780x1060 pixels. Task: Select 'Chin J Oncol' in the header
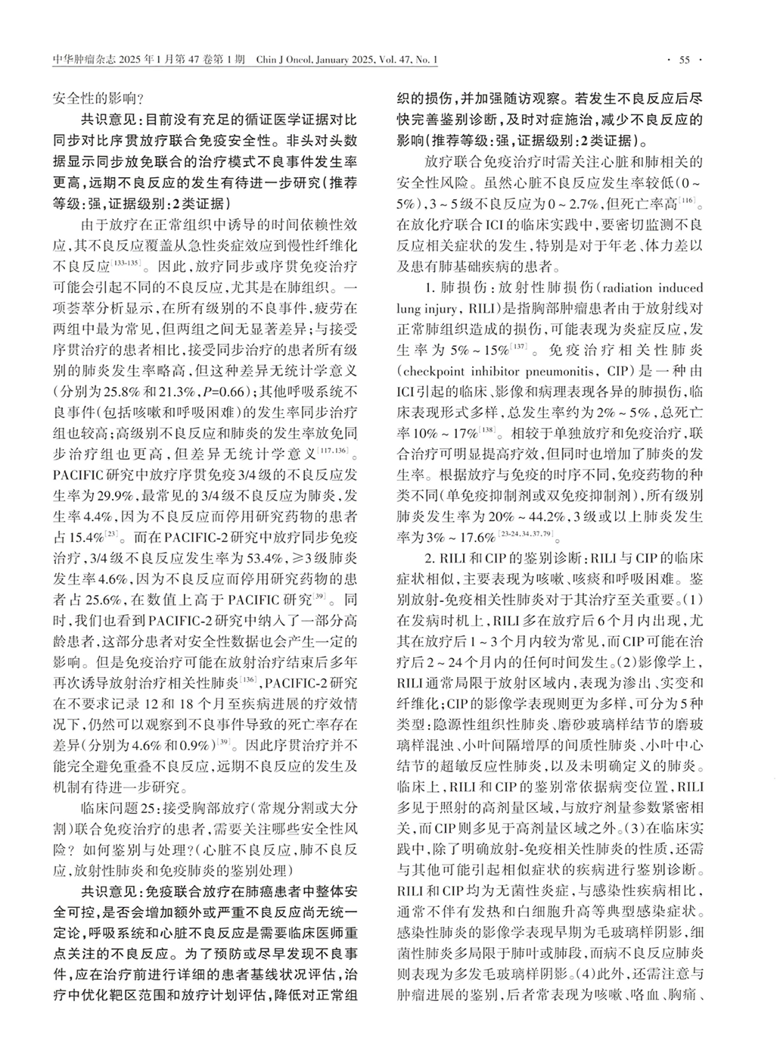tap(283, 60)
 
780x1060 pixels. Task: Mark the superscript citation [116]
tap(688, 202)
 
